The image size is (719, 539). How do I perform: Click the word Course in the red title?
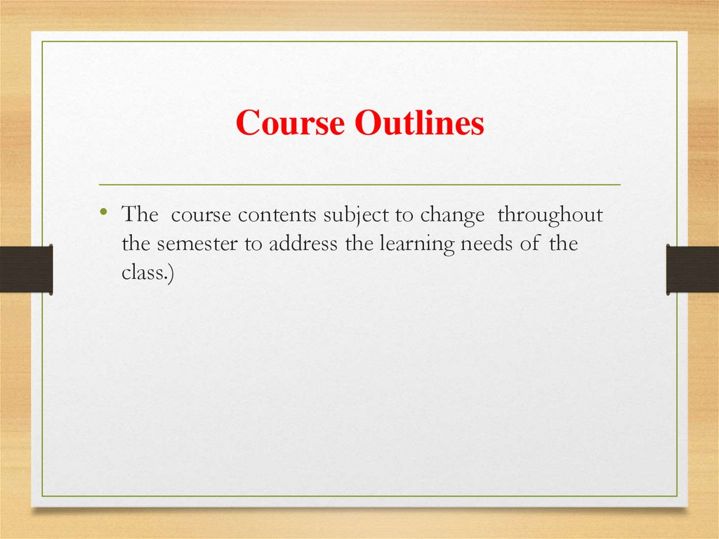click(290, 124)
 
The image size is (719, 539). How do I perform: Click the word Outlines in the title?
click(419, 124)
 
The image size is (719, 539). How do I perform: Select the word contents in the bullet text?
click(279, 216)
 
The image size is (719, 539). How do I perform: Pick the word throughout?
click(550, 216)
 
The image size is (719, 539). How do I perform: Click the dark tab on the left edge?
click(26, 268)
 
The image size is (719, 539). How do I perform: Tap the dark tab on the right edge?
click(692, 269)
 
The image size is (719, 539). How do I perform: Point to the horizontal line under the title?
click(359, 184)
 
